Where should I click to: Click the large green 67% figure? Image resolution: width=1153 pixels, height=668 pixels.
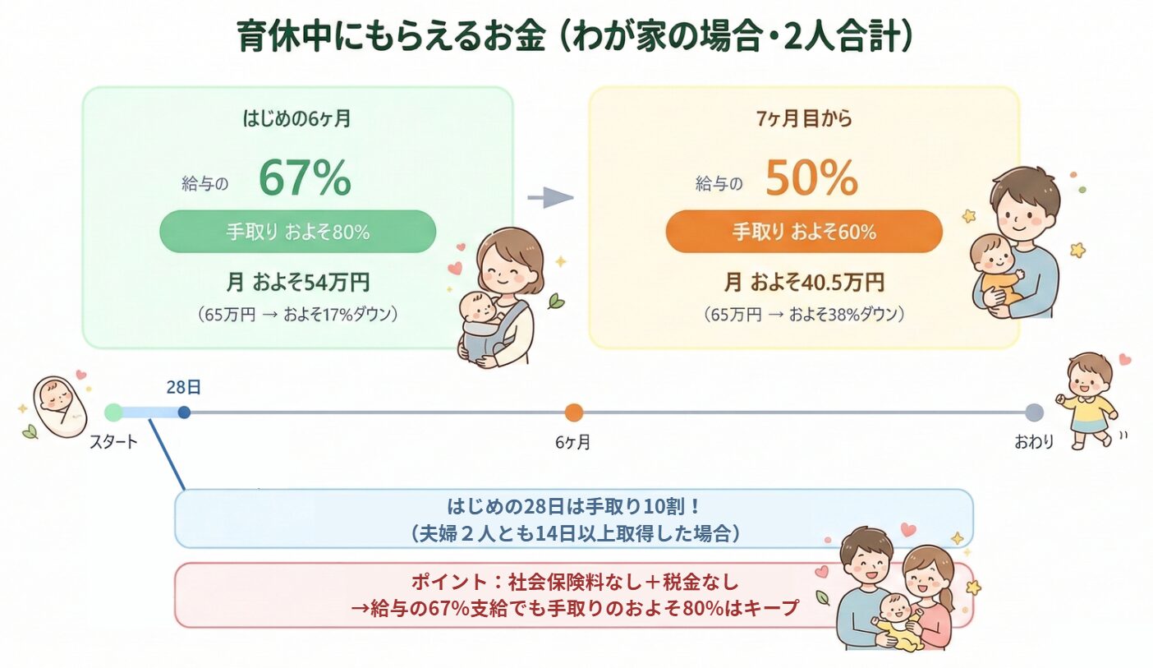[305, 178]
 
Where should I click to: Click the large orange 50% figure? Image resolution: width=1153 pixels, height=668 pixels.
[811, 178]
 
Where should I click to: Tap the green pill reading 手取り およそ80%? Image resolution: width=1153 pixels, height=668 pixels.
[297, 232]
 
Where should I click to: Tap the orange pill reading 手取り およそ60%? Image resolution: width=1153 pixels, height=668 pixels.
[804, 232]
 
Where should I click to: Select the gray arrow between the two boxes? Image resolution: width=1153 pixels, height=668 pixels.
[549, 197]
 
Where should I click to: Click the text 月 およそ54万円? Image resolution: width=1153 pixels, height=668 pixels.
[297, 283]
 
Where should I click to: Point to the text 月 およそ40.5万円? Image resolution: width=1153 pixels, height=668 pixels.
[804, 283]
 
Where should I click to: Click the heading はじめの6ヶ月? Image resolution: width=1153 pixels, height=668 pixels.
[297, 119]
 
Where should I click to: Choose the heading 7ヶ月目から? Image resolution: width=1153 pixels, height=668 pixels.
[804, 119]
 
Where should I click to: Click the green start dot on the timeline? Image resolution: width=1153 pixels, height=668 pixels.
[114, 412]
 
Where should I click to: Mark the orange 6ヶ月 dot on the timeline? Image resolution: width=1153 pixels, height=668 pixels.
[573, 412]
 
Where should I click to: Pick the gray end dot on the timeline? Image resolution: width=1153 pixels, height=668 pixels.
[1034, 412]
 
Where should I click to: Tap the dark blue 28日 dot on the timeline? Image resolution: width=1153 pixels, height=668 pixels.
[184, 412]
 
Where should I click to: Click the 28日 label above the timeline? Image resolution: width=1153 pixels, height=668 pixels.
[183, 387]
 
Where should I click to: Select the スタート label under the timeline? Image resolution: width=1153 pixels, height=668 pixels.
[114, 443]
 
